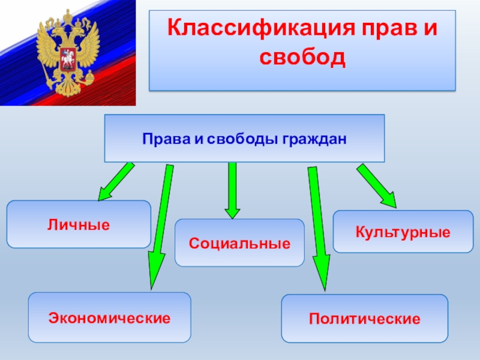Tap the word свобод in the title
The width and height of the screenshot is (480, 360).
(302, 58)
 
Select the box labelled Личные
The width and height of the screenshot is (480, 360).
(79, 225)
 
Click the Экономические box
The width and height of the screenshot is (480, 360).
(110, 317)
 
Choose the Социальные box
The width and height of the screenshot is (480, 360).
(239, 243)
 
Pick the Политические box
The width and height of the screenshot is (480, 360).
(364, 318)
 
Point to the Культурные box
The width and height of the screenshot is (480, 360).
(403, 231)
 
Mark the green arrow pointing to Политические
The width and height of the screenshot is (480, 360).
(317, 228)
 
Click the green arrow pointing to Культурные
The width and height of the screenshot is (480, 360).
(377, 185)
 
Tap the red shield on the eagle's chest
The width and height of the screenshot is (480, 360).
(67, 50)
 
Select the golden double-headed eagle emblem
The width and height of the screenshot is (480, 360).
(67, 53)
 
